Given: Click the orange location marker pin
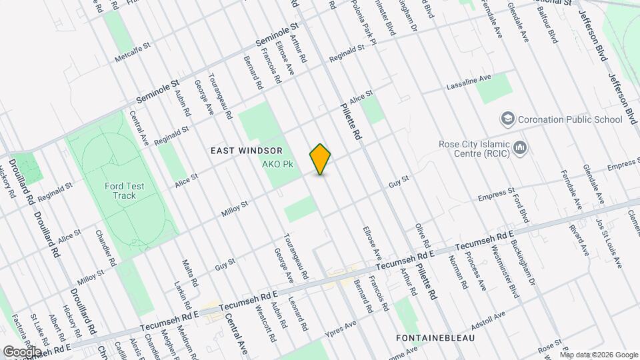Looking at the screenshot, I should [321, 159].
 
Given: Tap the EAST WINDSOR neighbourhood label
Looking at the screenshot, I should [247, 151].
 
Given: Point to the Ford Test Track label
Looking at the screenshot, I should [120, 191].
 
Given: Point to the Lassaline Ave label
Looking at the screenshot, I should [468, 83].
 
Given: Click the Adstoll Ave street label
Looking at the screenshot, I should [488, 320].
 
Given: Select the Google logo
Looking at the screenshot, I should [22, 351].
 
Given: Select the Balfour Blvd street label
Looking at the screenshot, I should [548, 27].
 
